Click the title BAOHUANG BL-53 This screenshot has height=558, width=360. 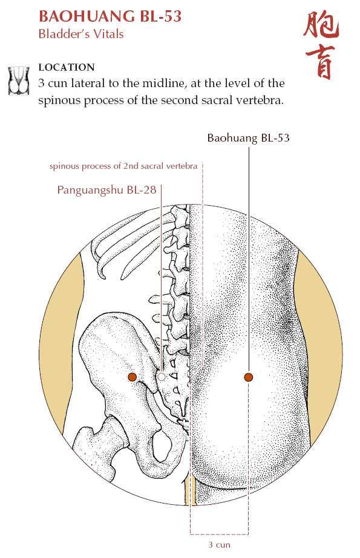(x=110, y=16)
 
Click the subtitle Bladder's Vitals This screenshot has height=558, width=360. (x=81, y=34)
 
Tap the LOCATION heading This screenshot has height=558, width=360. (x=67, y=67)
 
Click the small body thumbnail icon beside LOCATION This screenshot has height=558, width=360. (x=19, y=80)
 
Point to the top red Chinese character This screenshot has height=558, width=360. (x=321, y=25)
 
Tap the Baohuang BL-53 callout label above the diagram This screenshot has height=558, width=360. (x=248, y=138)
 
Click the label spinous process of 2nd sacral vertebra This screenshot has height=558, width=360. (x=123, y=166)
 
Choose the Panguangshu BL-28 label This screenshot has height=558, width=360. (x=106, y=190)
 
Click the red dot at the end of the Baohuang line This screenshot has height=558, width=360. (x=249, y=377)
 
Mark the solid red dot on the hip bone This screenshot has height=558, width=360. (x=133, y=377)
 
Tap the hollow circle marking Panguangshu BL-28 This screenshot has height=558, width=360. (x=162, y=376)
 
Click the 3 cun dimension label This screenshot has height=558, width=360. (x=219, y=545)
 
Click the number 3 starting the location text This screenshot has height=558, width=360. (x=41, y=84)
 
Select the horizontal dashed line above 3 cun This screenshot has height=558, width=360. (x=219, y=534)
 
